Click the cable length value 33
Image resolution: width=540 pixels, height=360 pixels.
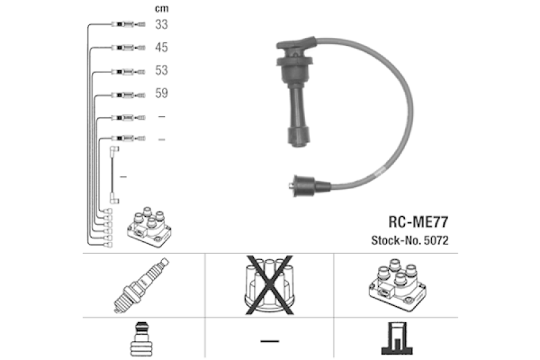(161, 25)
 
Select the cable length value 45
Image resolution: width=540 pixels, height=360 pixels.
(161, 48)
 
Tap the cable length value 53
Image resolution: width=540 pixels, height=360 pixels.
(161, 70)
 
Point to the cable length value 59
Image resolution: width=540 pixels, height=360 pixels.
(161, 93)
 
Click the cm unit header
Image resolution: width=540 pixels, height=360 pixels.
(161, 9)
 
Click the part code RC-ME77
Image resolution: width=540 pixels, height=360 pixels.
(417, 221)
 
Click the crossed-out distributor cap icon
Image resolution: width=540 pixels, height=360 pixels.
(269, 283)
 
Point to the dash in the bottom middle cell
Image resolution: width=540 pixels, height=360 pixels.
(269, 341)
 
